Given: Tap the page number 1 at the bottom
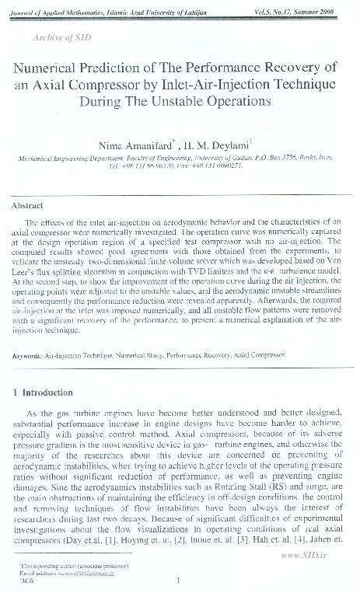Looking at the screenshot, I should (x=179, y=578).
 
